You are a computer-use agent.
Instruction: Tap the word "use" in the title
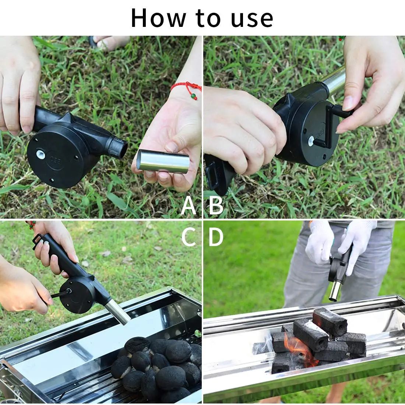click(253, 18)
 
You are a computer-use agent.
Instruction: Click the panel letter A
click(189, 207)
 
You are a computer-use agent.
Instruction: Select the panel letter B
click(216, 207)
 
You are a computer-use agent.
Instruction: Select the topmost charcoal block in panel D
click(330, 320)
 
